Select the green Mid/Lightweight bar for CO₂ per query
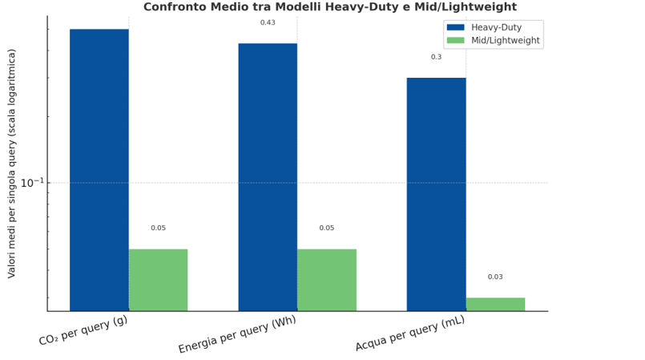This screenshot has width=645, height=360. point(158,280)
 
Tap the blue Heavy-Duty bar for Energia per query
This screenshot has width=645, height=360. point(268,176)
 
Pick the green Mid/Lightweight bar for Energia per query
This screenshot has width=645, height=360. point(326,280)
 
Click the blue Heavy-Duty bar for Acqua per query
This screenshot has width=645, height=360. point(436,194)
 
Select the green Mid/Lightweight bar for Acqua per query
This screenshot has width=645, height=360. point(495,305)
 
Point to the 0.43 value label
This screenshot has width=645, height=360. point(268,22)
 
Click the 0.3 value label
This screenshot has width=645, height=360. point(436,57)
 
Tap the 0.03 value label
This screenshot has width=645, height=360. point(495,277)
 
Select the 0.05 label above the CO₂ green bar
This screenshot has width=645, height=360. point(159,229)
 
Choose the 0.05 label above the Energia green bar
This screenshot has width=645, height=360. point(327,229)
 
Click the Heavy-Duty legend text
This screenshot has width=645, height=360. point(496,27)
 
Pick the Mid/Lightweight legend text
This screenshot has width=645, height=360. point(505,40)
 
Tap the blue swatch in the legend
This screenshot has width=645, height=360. point(455,27)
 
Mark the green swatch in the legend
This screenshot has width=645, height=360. point(455,40)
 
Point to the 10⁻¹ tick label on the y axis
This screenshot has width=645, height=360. point(32,184)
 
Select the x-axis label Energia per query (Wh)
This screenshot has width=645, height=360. point(237,335)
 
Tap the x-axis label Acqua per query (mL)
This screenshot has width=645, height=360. point(410,334)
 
